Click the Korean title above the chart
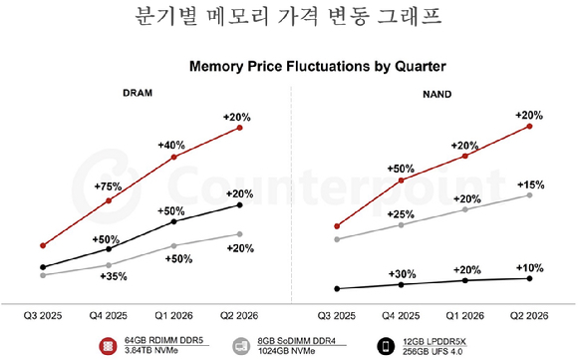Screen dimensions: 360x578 pyautogui.click(x=288, y=19)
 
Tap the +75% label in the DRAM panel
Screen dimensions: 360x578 pyautogui.click(x=107, y=186)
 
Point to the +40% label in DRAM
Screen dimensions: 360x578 pyautogui.click(x=172, y=146)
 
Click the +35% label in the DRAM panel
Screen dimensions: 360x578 pyautogui.click(x=113, y=276)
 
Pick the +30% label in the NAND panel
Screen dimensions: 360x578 pyautogui.click(x=402, y=274)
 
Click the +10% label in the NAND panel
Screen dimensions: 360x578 pyautogui.click(x=529, y=268)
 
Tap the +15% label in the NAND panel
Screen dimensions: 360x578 pyautogui.click(x=529, y=185)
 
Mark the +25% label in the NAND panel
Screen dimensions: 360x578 pyautogui.click(x=402, y=214)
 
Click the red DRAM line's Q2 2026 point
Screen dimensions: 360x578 pyautogui.click(x=239, y=129)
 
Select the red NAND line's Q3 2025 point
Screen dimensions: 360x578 pyautogui.click(x=339, y=226)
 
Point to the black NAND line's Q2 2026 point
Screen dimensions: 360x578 pyautogui.click(x=529, y=278)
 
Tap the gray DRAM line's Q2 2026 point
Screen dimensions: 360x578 pyautogui.click(x=239, y=234)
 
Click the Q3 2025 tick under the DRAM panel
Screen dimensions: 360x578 pyautogui.click(x=45, y=314)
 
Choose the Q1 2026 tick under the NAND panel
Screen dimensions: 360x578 pyautogui.click(x=466, y=314)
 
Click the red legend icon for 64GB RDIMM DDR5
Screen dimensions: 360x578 pyautogui.click(x=106, y=345)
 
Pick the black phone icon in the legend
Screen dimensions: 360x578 pyautogui.click(x=385, y=345)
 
